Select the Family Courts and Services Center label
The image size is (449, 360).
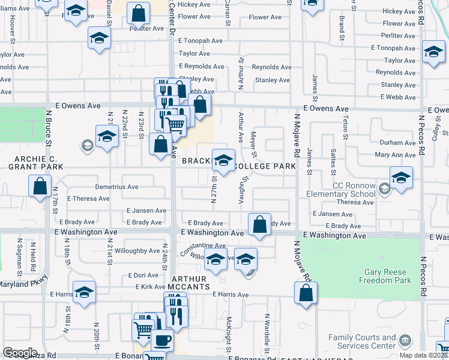pos(362,342)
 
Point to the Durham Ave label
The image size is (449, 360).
pos(397,143)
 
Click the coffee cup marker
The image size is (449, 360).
pos(161,340)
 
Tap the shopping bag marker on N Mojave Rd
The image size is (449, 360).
pos(306,293)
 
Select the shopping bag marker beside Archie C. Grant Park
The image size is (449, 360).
pos(40,186)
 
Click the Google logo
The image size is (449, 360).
pos(20,353)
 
